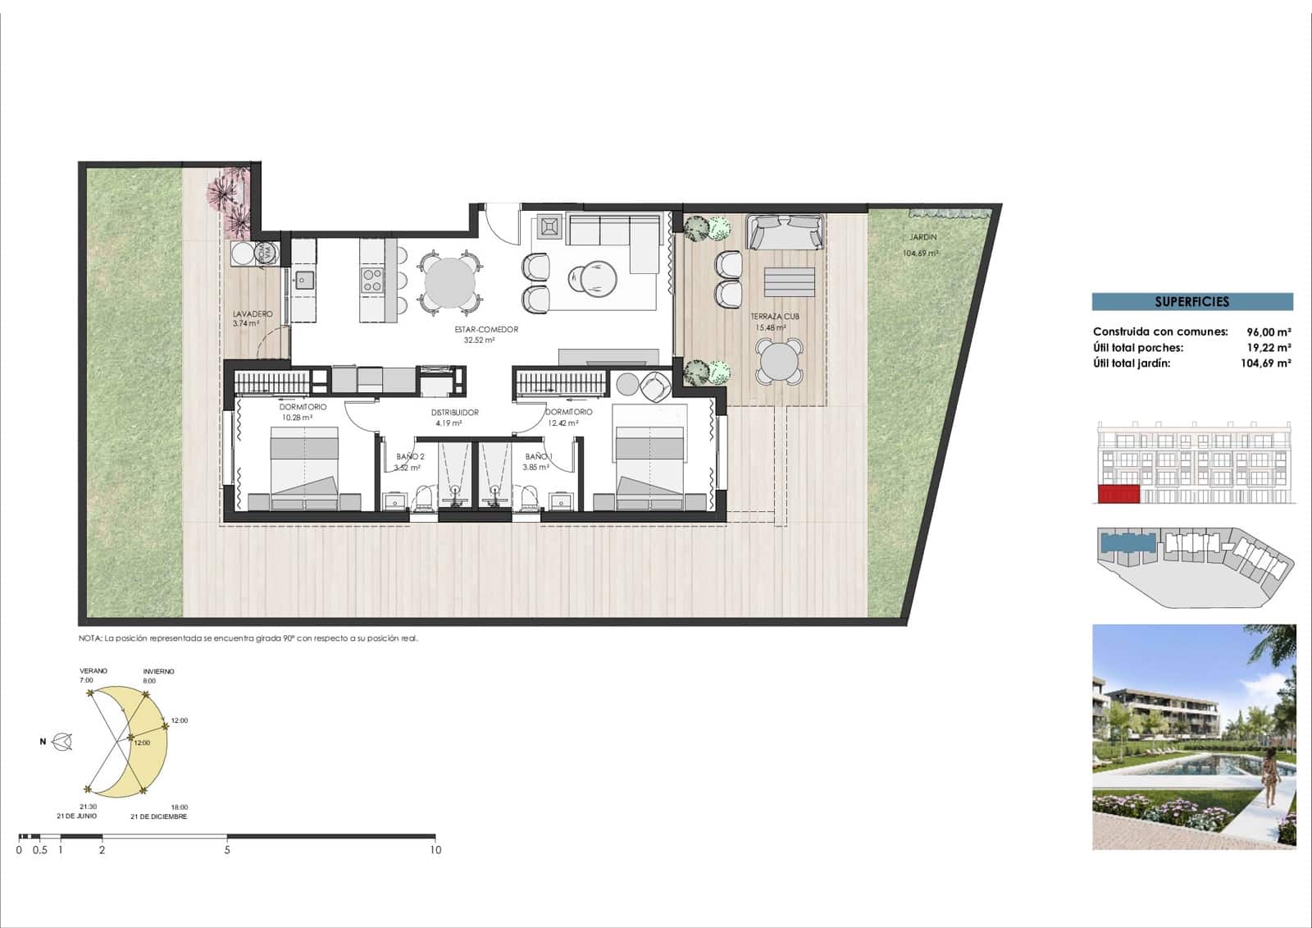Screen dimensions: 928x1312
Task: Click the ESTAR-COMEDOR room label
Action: click(x=486, y=330)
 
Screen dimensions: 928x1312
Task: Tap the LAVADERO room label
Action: click(x=253, y=314)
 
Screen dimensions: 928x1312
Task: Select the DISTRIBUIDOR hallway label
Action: click(x=454, y=413)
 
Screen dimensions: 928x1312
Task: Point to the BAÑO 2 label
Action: click(x=410, y=457)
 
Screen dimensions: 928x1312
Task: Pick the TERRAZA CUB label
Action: click(x=774, y=317)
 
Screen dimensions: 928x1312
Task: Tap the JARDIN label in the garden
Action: click(x=922, y=237)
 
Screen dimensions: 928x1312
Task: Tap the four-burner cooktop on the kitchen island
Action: click(x=372, y=280)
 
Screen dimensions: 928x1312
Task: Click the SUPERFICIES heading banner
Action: click(x=1191, y=302)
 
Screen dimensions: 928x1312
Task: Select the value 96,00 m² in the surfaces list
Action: click(x=1269, y=332)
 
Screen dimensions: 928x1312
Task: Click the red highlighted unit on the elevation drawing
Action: click(x=1118, y=494)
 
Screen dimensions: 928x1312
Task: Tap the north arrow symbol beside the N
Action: click(x=62, y=743)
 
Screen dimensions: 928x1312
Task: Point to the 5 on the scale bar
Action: click(x=227, y=850)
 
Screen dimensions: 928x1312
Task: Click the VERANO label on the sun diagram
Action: click(x=93, y=671)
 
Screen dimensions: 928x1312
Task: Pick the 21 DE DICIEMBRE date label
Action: click(x=158, y=816)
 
